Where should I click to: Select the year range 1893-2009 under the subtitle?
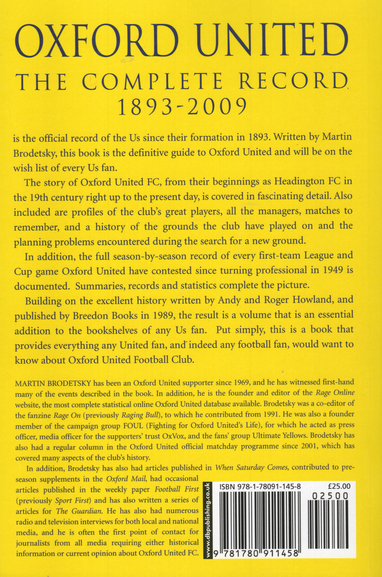click(x=190, y=107)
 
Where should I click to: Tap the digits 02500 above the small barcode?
click(x=330, y=496)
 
